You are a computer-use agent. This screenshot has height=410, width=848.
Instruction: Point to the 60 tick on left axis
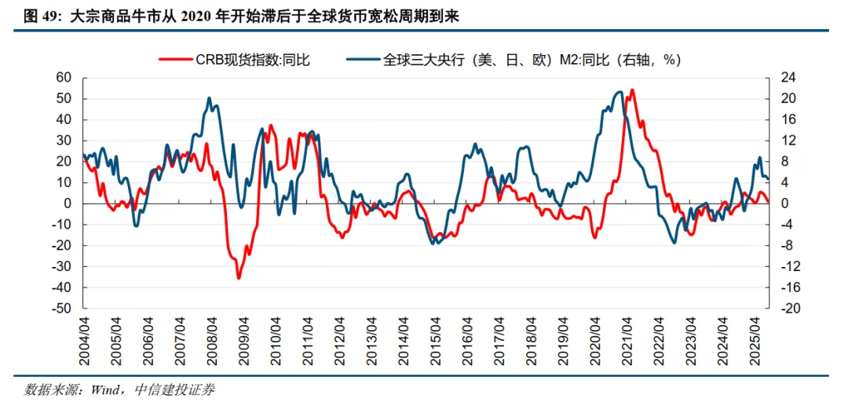click(63, 78)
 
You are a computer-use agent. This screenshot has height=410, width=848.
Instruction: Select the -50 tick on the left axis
click(60, 309)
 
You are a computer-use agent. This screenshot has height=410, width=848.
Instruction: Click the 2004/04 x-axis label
click(84, 339)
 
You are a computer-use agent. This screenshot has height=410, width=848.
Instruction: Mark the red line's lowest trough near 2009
click(239, 277)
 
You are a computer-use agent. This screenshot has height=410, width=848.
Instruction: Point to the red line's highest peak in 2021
click(633, 90)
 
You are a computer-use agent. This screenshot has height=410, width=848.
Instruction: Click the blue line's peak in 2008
click(210, 98)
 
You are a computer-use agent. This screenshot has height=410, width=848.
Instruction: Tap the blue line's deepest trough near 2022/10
click(674, 243)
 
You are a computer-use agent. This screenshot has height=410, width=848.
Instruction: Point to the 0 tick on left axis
click(68, 203)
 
